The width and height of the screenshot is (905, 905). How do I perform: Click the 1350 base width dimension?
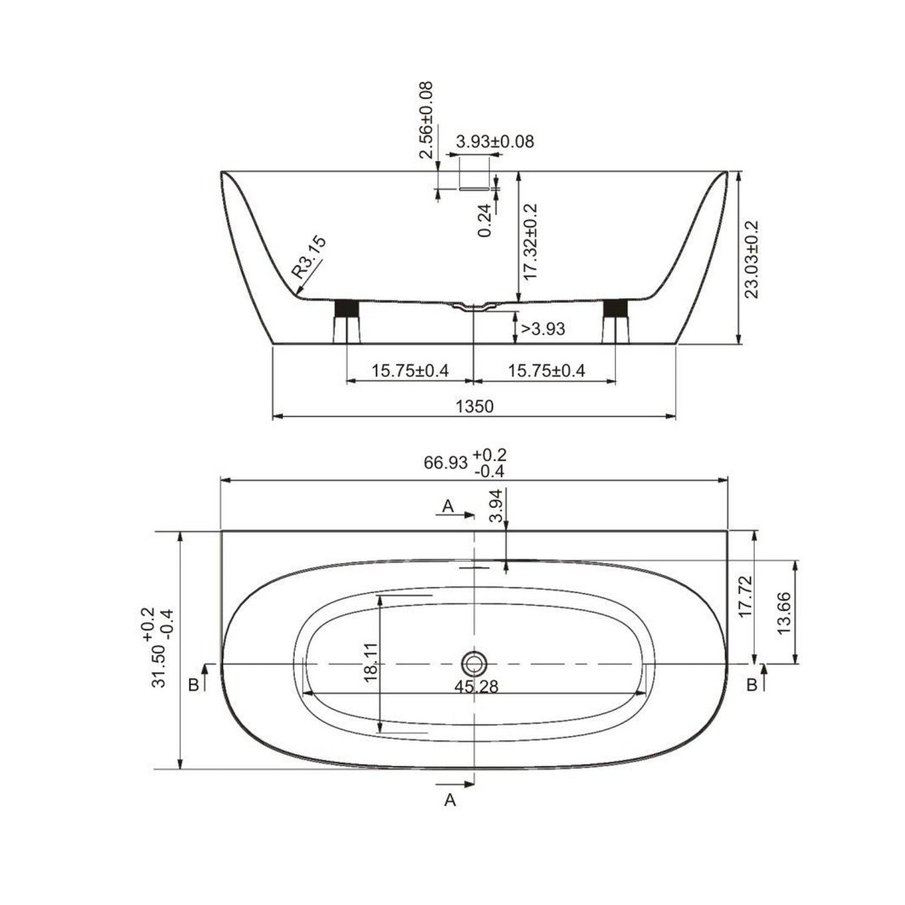coord(474,407)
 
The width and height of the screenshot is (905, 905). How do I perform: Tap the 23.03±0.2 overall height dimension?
coord(752,259)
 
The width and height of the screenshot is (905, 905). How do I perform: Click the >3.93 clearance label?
coord(542,329)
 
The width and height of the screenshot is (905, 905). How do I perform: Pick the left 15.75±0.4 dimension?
coord(410,371)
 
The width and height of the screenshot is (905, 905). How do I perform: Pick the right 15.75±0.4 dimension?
coord(546,371)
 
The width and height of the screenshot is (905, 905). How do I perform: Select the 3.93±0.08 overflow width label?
coord(495,142)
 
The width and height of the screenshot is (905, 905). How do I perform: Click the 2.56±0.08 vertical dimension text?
coord(427,120)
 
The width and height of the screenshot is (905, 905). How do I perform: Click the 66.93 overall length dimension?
coord(446,463)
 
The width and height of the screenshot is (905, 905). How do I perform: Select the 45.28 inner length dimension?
coord(476,687)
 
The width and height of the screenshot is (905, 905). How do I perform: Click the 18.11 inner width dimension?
coord(371,662)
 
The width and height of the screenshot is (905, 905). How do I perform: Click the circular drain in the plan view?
coord(475,663)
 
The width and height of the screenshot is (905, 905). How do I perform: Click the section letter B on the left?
coord(194,685)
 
